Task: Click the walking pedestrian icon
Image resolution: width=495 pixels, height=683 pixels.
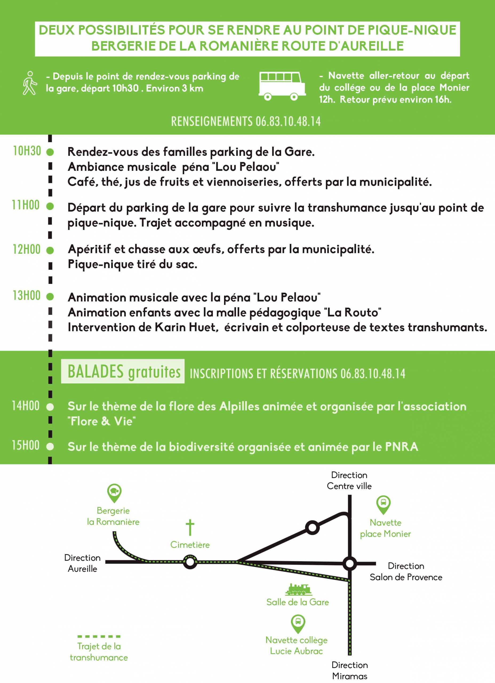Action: (x=30, y=83)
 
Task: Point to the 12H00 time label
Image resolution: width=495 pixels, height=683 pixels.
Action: (x=26, y=249)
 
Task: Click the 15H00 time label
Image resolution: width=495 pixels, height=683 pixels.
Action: (x=26, y=445)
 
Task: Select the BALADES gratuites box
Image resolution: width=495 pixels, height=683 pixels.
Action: (x=123, y=371)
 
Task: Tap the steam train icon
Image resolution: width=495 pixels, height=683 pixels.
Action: (x=298, y=589)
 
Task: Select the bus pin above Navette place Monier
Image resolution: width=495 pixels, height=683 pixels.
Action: (x=384, y=505)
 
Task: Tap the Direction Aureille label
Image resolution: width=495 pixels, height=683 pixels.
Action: (x=82, y=563)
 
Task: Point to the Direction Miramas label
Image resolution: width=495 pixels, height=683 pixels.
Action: (x=350, y=670)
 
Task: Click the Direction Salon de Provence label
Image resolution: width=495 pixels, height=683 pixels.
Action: (x=406, y=571)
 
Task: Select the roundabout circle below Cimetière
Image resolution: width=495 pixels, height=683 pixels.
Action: (x=190, y=562)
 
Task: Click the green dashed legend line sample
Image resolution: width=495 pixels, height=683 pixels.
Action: (x=99, y=637)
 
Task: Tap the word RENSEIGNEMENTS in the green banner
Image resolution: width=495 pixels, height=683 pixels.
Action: (x=212, y=121)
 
